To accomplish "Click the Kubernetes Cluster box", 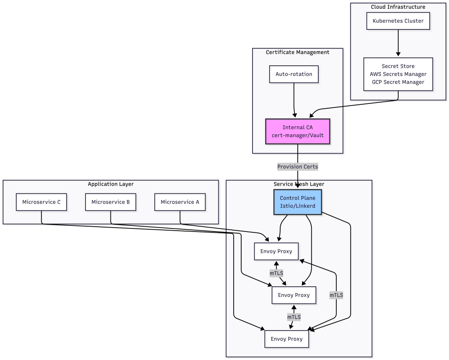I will click(x=398, y=21).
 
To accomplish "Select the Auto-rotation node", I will click(x=294, y=74).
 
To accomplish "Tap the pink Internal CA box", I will click(x=297, y=132).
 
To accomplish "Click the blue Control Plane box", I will click(x=298, y=202).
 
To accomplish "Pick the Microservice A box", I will click(x=180, y=202).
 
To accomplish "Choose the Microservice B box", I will click(x=110, y=202).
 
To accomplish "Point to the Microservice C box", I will click(x=41, y=202).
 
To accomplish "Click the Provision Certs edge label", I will click(x=298, y=167).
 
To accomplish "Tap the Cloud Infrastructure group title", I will click(x=398, y=7).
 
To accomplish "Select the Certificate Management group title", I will click(x=298, y=53).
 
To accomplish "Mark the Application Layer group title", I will click(x=110, y=184).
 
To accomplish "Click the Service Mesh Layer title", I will click(x=299, y=184).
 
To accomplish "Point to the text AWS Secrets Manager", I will click(x=398, y=75).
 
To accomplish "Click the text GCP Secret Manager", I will click(x=398, y=82).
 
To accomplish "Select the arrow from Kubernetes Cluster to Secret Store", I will click(x=398, y=43).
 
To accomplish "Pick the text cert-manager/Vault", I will click(x=298, y=135).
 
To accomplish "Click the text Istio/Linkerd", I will click(x=298, y=206).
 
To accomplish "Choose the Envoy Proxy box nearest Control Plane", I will click(x=276, y=252).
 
